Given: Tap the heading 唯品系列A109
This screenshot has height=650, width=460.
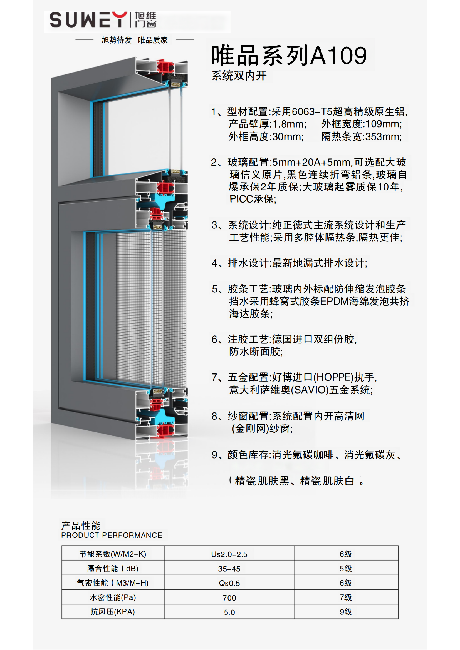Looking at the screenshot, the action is [289, 55].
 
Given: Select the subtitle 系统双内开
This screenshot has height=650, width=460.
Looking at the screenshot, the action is [239, 76].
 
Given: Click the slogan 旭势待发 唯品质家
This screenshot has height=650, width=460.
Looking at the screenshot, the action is [135, 40].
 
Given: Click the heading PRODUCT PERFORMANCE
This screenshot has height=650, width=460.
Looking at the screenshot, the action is [112, 535].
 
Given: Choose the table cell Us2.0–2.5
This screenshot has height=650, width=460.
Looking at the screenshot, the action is [229, 554].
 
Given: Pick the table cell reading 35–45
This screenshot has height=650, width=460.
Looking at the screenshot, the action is [229, 569].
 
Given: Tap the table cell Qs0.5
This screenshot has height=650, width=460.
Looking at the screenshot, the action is [229, 583].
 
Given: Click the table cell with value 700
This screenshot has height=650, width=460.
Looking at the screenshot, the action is [229, 598].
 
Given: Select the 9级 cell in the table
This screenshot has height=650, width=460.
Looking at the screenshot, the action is [346, 612].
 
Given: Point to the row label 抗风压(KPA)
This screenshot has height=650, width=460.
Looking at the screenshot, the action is [112, 612].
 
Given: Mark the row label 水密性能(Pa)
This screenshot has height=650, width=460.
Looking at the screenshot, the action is [113, 597].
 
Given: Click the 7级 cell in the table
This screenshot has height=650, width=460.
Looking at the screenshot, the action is [346, 597].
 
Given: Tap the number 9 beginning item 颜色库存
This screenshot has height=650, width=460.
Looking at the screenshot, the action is [214, 455].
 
